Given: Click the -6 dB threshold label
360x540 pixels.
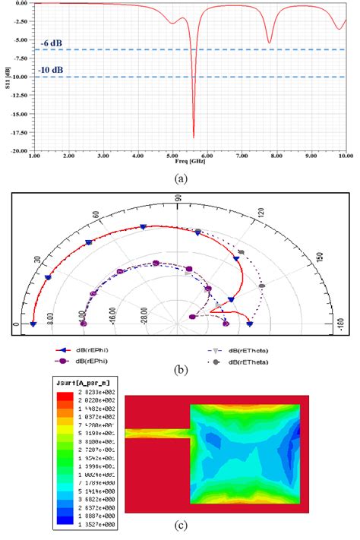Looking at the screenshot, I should point(51,43).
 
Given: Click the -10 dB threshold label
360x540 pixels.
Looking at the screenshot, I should point(52,69).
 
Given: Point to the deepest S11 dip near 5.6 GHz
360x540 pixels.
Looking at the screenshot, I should point(193,137).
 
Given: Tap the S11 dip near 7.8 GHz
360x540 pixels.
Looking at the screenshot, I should point(269,43).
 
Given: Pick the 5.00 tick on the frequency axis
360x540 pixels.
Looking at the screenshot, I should point(172,156).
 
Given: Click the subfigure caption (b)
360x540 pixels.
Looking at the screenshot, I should point(181,371).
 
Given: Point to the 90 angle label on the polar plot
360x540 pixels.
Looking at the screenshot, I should point(178,198).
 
